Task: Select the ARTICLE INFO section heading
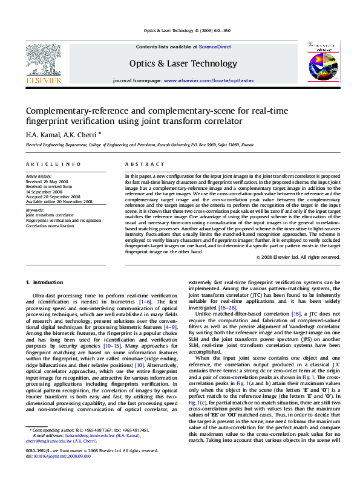pyautogui.click(x=53, y=164)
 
